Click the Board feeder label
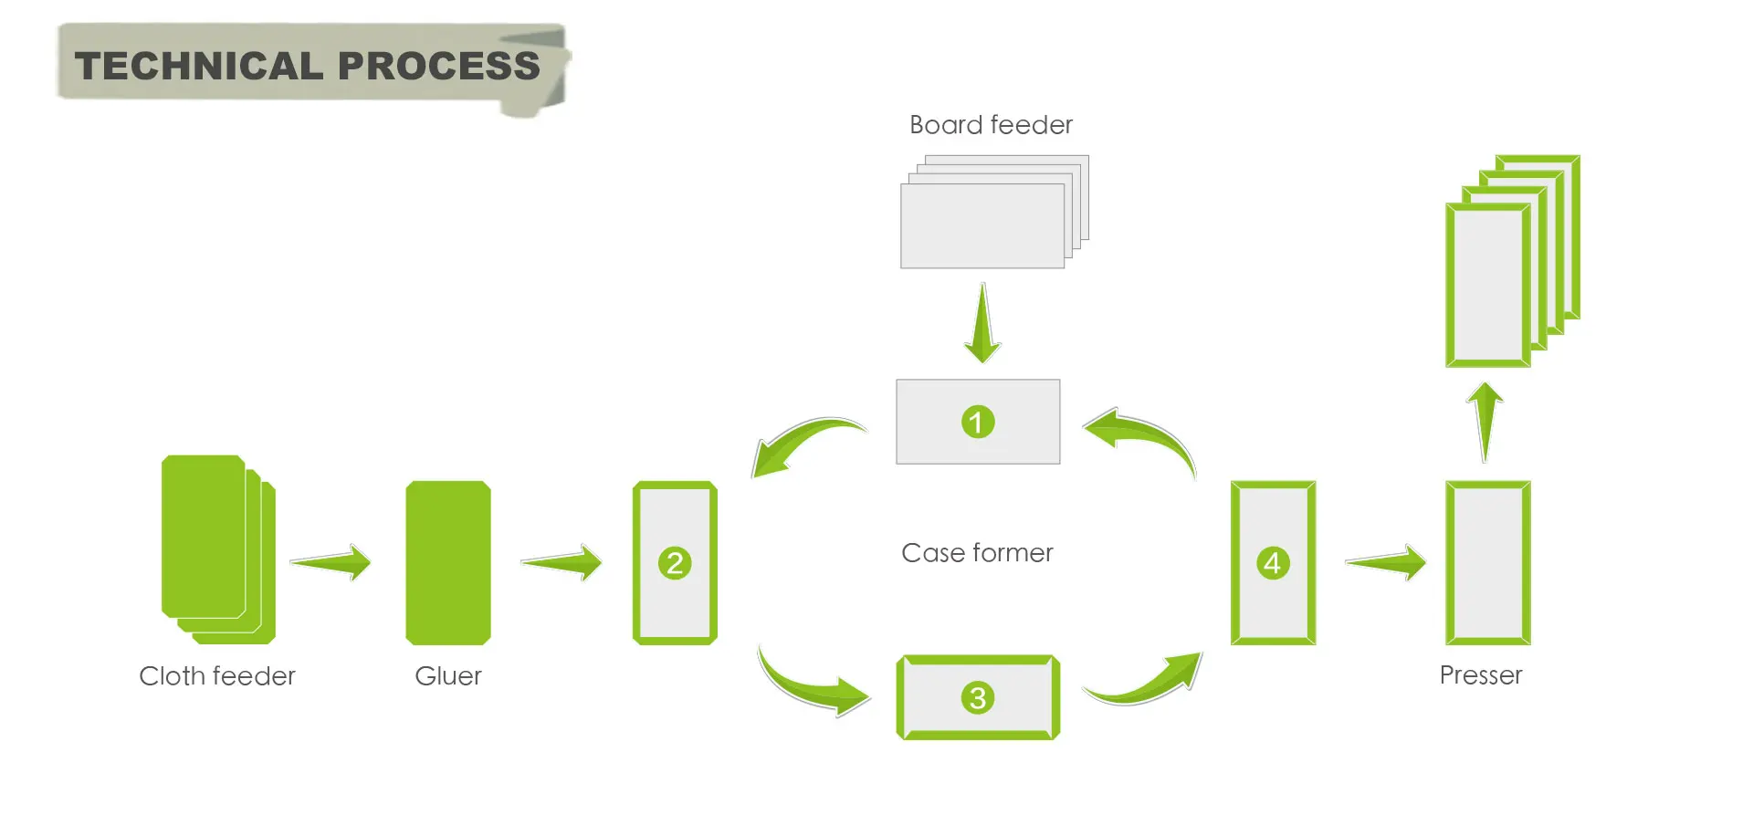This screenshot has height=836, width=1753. [991, 125]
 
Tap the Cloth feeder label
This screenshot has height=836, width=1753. [217, 676]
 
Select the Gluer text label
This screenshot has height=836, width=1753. [447, 676]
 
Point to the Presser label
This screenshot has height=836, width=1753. [1480, 675]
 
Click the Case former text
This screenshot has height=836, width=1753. [977, 553]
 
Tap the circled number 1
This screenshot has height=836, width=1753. [977, 422]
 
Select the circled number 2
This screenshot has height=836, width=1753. [675, 563]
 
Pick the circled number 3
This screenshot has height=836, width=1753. [977, 698]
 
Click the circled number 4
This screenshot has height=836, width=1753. [1273, 563]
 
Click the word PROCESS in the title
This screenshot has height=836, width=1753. [439, 66]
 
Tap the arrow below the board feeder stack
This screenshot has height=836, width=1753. [982, 325]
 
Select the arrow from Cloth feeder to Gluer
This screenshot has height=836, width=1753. [331, 562]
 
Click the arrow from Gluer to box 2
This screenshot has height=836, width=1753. [562, 562]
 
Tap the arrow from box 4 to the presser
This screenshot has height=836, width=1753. [1386, 562]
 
